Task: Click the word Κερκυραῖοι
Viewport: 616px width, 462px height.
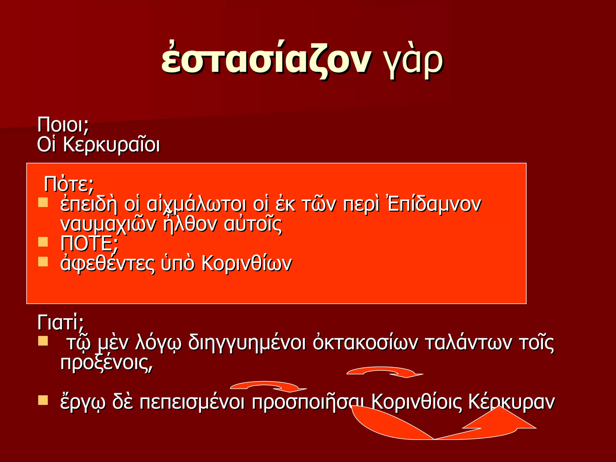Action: point(111,145)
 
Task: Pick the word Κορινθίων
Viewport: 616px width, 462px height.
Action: point(247,264)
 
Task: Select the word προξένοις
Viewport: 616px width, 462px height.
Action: point(106,363)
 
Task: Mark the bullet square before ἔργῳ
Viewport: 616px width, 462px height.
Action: point(43,400)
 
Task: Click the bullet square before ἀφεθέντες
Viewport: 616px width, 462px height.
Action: point(43,262)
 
